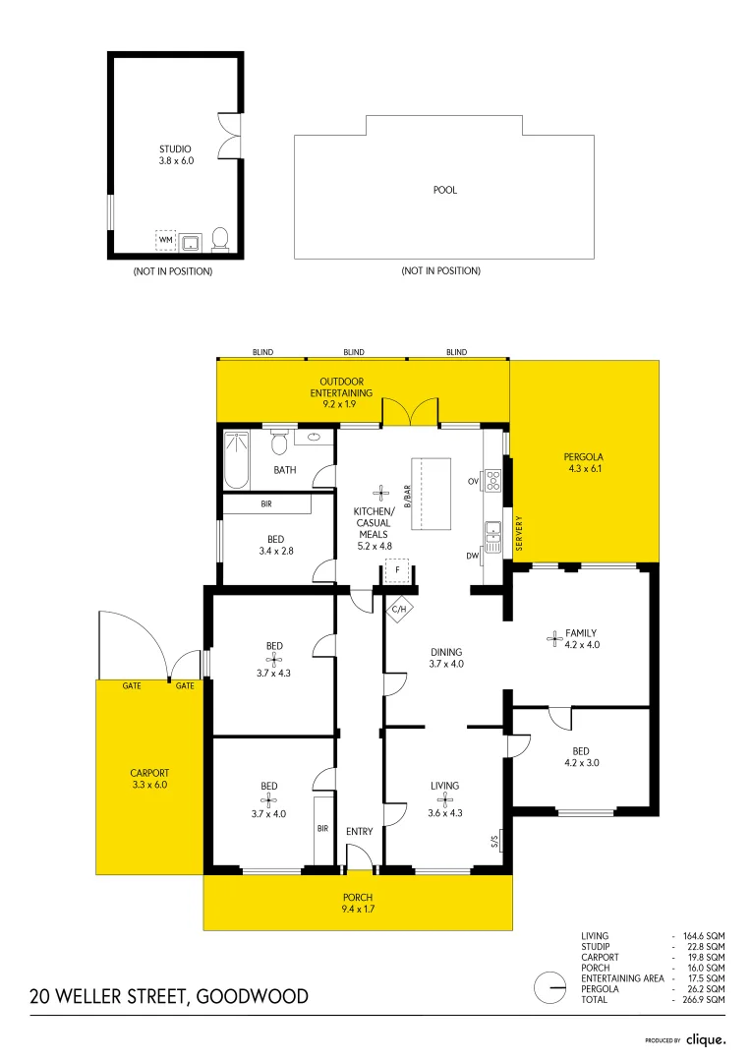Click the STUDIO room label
pos(177,149)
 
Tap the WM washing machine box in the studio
pos(165,239)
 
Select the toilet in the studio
pos(220,239)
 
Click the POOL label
pos(445,191)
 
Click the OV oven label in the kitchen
pos(473,481)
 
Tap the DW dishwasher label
pos(473,556)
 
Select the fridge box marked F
pos(397,569)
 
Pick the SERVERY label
pos(518,533)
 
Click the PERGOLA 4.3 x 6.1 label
pos(583,463)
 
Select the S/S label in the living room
pos(493,841)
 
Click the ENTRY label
pos(360,832)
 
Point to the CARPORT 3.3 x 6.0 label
pos(149,779)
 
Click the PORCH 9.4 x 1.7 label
pos(359,903)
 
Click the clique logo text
pos(706,1039)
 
